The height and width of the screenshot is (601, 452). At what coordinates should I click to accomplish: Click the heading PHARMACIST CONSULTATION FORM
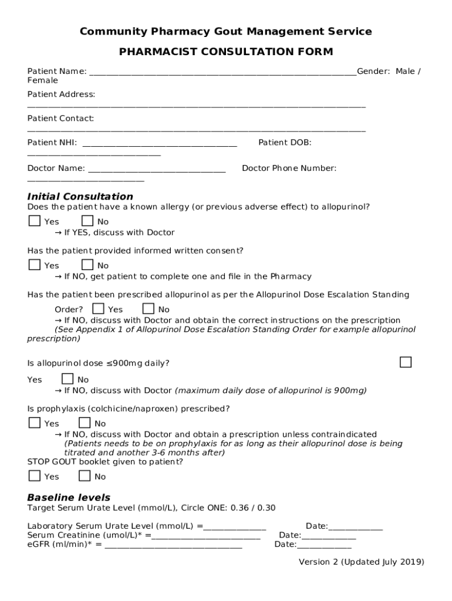226,52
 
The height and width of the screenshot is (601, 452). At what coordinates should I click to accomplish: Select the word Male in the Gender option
404,72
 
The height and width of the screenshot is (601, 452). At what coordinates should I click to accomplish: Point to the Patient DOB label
285,143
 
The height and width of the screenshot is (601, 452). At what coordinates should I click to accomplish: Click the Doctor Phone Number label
289,168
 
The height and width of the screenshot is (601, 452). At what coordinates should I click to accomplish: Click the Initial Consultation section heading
80,196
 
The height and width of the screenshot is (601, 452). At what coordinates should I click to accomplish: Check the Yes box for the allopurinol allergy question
35,221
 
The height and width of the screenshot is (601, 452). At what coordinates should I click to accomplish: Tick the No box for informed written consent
87,265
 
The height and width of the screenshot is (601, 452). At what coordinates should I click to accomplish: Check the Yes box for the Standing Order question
99,308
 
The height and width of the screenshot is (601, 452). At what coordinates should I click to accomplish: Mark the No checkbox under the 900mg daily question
68,379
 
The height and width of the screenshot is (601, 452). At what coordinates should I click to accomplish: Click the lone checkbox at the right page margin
406,362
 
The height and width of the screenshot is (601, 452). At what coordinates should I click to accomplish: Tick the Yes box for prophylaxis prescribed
35,423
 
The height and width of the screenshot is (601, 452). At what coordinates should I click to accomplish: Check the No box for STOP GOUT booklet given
85,475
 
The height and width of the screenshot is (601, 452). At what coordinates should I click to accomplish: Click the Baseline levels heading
69,497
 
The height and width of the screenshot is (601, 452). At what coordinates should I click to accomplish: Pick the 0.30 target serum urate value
266,508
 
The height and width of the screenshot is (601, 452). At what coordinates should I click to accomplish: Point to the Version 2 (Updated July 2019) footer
361,562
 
